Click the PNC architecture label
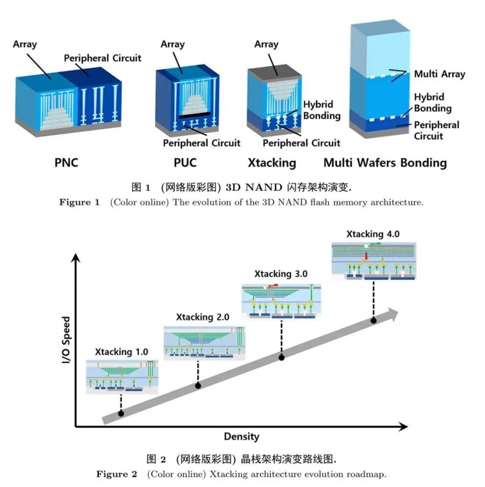[x=66, y=163]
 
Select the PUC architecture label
[x=185, y=163]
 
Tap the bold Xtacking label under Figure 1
[x=272, y=163]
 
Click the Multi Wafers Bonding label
[x=385, y=163]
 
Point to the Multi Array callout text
[x=440, y=74]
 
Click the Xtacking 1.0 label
[x=121, y=352]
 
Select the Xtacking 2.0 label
[x=203, y=317]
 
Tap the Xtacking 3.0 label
[x=281, y=274]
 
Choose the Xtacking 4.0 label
[x=373, y=234]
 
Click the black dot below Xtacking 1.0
[x=121, y=413]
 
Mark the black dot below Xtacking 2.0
[x=198, y=386]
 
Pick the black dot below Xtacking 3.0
[x=281, y=358]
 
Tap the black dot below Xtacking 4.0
[x=373, y=320]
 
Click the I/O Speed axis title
[x=66, y=340]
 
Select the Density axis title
[x=241, y=436]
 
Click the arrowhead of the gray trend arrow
[x=393, y=314]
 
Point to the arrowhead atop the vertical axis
[x=76, y=258]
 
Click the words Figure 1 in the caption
[x=79, y=202]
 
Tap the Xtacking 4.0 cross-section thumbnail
[x=374, y=262]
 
